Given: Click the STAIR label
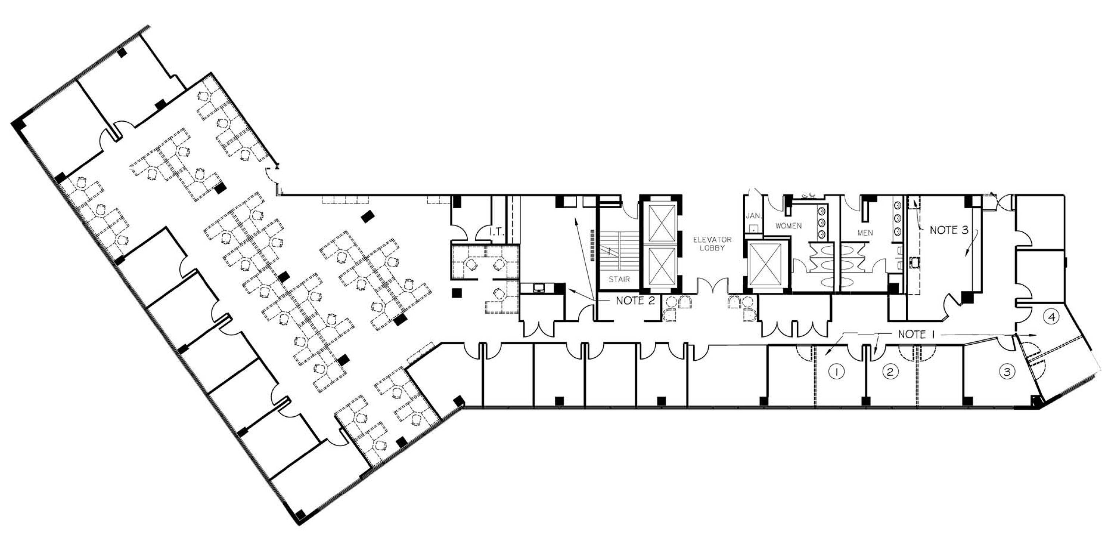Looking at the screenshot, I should click(619, 279).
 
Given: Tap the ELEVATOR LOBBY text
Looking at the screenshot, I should click(712, 243).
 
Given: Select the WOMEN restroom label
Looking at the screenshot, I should click(789, 226).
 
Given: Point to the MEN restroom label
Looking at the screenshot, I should click(865, 233).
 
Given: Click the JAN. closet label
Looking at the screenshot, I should click(753, 216).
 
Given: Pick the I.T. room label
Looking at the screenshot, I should click(497, 232).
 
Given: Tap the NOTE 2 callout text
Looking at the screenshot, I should click(635, 300).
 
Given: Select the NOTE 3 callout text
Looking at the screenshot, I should click(949, 230).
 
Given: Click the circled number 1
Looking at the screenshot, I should click(836, 372).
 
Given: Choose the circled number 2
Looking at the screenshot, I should click(890, 372).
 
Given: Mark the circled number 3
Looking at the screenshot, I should click(1007, 372).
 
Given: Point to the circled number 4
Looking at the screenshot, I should click(1052, 317).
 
